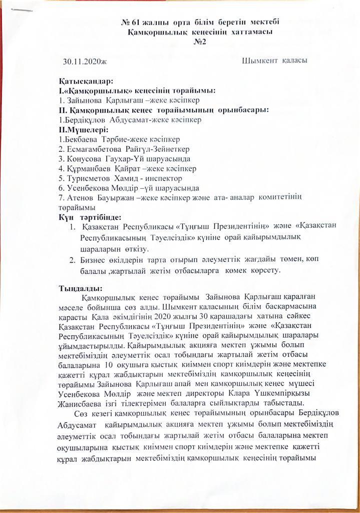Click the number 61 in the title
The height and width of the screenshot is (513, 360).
point(138,23)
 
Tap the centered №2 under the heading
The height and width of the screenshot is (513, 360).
point(200,42)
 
